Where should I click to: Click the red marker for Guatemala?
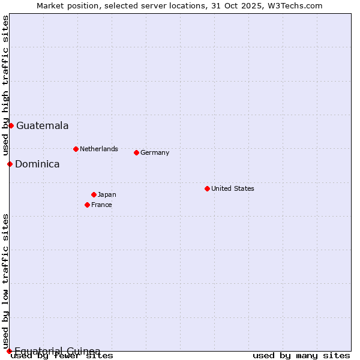(x=11, y=125)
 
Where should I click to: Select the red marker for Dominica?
(x=10, y=164)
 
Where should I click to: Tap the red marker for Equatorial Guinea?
(x=9, y=351)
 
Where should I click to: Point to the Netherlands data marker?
(x=76, y=149)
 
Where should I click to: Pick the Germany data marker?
(x=136, y=152)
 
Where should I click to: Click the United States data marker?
(x=207, y=188)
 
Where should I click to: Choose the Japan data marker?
(x=94, y=194)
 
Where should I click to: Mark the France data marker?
(x=87, y=205)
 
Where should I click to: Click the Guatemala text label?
(x=42, y=126)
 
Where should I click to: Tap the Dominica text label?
(x=37, y=164)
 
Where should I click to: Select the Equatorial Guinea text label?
(x=57, y=351)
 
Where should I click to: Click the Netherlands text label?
(x=99, y=149)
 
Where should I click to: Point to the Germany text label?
(x=155, y=152)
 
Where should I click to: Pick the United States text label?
(x=233, y=188)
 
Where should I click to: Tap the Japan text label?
(x=107, y=194)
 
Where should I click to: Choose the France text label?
(x=101, y=205)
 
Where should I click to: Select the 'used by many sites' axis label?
(x=301, y=355)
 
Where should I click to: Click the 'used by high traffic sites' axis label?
(x=5, y=86)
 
